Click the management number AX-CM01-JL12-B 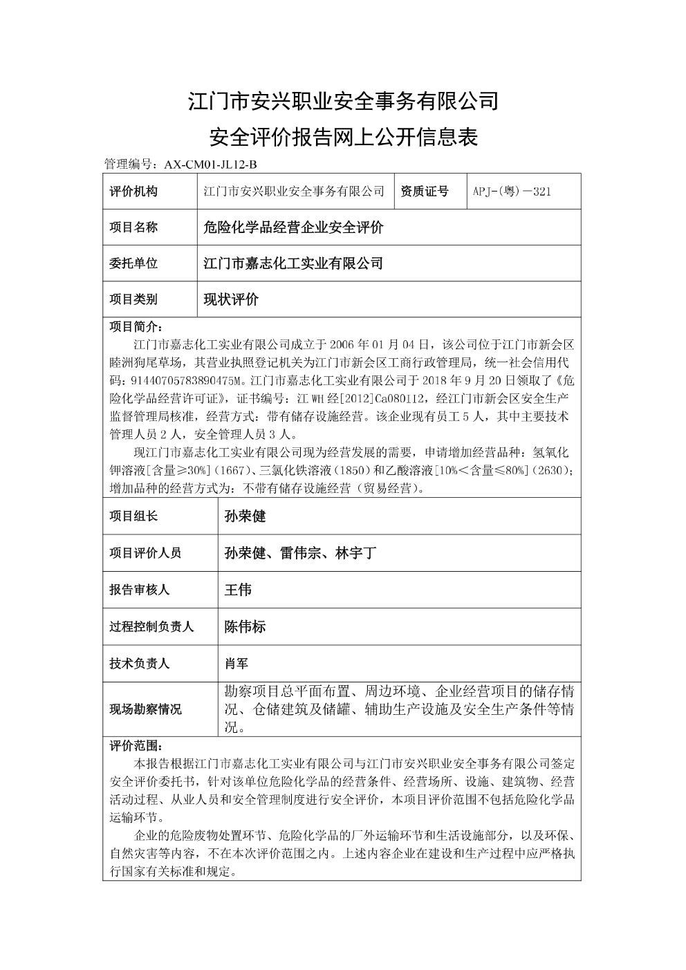[210, 165]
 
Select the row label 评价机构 [133, 192]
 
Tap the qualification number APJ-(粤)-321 [512, 192]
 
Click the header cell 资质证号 [424, 192]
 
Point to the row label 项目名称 [133, 227]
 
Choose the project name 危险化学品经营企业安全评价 [293, 227]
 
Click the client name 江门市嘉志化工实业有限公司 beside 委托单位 [293, 263]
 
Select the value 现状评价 [231, 299]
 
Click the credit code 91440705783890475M [183, 380]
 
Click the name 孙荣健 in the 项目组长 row [245, 516]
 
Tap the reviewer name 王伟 [238, 590]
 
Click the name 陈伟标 [245, 626]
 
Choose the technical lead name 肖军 [237, 664]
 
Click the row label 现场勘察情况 [145, 709]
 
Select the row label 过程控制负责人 [151, 626]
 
